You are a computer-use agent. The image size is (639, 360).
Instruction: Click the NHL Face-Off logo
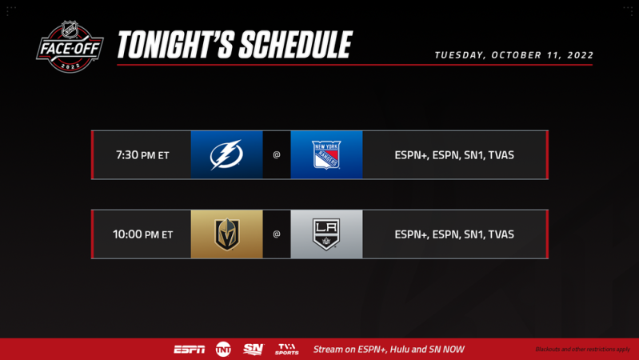70,46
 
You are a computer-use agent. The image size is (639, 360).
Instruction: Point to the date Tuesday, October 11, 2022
513,55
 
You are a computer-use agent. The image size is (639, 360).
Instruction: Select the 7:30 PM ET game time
142,155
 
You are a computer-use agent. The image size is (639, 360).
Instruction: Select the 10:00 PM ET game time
142,234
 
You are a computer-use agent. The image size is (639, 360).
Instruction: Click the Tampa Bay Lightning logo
226,154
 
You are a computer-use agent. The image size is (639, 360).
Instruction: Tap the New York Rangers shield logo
326,154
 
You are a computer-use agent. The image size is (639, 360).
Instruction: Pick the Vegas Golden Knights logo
226,234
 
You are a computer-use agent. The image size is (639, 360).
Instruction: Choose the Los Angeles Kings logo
326,234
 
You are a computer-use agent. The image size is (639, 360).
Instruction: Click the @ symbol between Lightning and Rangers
277,155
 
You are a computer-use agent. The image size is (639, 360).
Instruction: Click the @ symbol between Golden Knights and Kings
277,234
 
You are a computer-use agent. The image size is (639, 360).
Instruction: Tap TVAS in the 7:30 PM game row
501,155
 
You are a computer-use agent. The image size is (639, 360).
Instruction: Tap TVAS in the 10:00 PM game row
501,234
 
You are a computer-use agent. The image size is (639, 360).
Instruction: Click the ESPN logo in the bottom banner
190,350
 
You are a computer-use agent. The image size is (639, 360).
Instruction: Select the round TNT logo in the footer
223,349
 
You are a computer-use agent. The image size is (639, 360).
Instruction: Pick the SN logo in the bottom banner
254,349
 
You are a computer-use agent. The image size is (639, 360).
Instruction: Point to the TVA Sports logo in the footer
286,350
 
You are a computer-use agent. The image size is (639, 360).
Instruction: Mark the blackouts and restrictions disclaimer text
582,350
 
